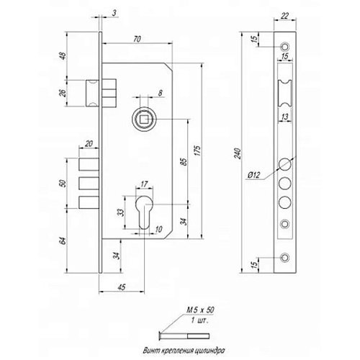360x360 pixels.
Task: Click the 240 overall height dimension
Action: pos(238,153)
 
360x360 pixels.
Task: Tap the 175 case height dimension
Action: pos(198,150)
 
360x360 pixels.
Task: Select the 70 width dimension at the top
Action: pos(137,39)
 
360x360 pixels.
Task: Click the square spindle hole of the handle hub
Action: pos(144,120)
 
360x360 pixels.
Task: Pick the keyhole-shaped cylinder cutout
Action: pos(144,212)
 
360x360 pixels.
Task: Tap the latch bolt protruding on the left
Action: pos(92,93)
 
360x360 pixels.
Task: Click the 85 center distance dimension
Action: pos(184,162)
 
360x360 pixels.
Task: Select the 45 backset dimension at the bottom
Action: pos(122,287)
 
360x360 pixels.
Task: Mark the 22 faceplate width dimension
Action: pos(284,16)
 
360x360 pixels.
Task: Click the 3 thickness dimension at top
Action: pos(114,13)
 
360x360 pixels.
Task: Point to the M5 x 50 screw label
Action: pos(201,310)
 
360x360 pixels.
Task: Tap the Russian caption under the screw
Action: pos(184,351)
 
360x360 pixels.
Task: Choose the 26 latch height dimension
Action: pos(63,93)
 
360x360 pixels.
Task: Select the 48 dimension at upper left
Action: pos(63,55)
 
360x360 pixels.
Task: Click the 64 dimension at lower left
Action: pos(63,240)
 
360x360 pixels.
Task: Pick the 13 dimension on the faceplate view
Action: pos(284,117)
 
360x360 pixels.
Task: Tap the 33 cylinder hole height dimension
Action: pos(122,212)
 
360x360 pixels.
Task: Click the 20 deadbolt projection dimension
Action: pos(89,144)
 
